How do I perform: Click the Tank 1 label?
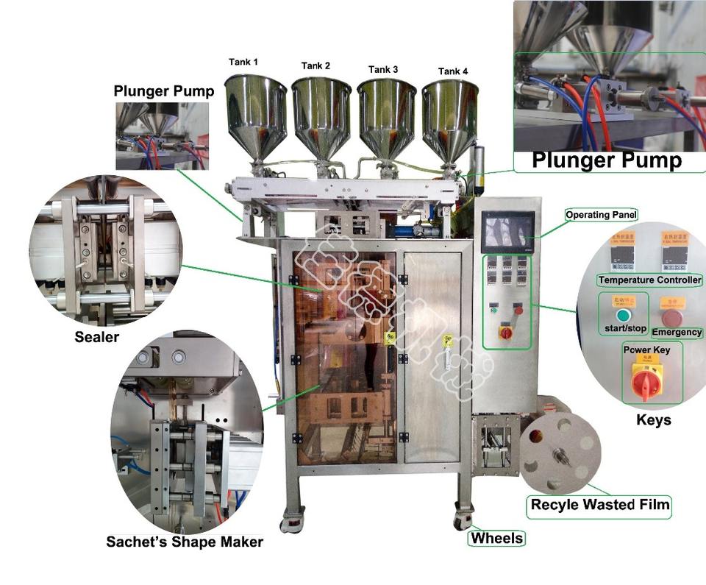point(244,63)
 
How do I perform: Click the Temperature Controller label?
point(649,280)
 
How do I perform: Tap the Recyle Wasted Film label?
point(600,505)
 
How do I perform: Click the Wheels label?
point(497,538)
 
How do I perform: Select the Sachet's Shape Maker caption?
point(185,542)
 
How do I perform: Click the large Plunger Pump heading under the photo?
point(607,160)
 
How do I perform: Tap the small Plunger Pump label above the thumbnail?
point(163,91)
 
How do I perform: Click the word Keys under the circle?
point(653,420)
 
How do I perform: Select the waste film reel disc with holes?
point(560,455)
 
